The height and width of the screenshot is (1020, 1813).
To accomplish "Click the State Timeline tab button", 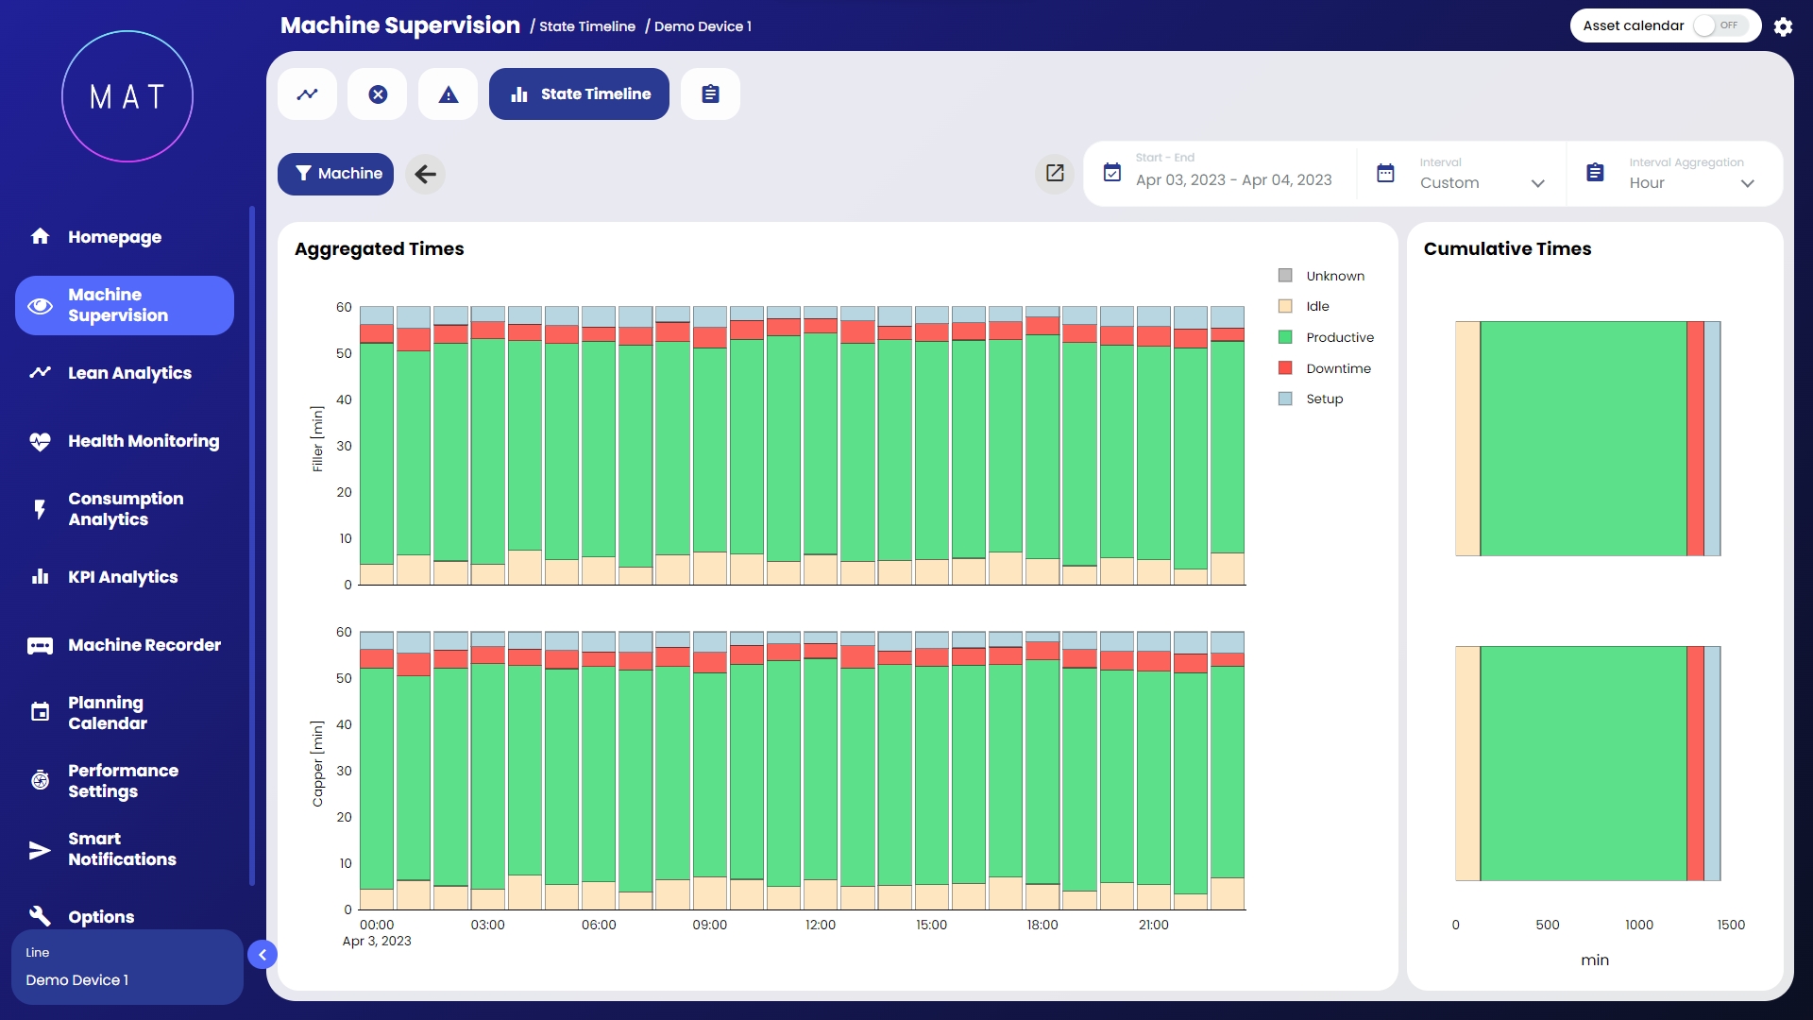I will point(579,94).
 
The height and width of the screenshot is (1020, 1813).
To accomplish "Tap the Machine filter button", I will point(335,174).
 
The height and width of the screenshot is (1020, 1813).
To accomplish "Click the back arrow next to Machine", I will point(426,174).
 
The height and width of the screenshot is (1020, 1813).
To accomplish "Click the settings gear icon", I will point(1783,26).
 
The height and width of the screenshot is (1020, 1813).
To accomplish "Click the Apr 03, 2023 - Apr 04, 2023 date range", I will point(1232,179).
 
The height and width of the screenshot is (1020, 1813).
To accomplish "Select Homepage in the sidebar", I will point(114,237).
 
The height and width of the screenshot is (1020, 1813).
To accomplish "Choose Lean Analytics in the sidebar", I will point(129,373).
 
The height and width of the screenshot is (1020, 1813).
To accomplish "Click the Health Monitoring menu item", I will point(143,441).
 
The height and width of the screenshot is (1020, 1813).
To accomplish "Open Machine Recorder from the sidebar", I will point(144,645).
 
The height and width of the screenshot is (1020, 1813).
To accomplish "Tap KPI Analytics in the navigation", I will point(122,577).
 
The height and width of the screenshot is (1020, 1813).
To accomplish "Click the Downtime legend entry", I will point(1338,368).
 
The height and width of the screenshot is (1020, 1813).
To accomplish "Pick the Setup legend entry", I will point(1324,399).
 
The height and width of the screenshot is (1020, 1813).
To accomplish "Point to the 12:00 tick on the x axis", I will point(820,925).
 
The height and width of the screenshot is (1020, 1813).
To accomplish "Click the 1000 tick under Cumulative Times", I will point(1638,925).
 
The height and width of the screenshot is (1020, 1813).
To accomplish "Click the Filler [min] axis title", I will point(317,438).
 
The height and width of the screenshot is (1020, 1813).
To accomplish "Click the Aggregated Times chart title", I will point(379,248).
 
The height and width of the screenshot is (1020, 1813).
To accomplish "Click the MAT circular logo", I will point(127,96).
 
